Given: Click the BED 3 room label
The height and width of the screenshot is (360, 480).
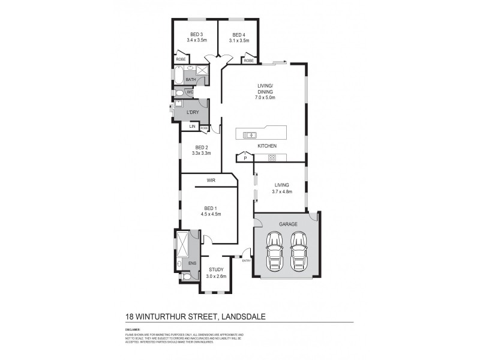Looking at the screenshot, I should (196, 34).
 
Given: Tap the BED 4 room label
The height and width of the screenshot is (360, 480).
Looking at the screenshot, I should (238, 34).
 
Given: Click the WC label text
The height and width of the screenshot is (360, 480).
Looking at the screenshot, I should (190, 92).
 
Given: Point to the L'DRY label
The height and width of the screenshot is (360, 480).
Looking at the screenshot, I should (193, 112).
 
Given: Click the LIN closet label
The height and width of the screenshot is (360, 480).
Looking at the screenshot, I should (193, 127).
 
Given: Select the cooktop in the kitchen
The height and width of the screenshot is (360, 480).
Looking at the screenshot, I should (271, 158).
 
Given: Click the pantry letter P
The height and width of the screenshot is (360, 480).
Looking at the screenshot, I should (245, 159).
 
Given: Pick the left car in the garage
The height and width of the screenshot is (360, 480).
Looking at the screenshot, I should (275, 251).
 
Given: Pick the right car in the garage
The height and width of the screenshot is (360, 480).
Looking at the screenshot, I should (298, 251).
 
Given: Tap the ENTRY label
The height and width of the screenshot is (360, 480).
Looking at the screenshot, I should (246, 260).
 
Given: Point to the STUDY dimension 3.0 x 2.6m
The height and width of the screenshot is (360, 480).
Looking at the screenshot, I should (215, 276).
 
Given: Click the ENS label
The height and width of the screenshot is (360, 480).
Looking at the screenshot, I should (193, 263).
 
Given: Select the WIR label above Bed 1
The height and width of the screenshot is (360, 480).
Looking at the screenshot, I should (211, 179).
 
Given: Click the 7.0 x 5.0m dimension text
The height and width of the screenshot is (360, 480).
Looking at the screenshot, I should (265, 97).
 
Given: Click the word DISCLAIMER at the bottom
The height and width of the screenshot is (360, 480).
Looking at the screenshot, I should (133, 329).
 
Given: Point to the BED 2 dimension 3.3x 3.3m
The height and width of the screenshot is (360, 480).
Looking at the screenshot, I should (202, 154).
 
